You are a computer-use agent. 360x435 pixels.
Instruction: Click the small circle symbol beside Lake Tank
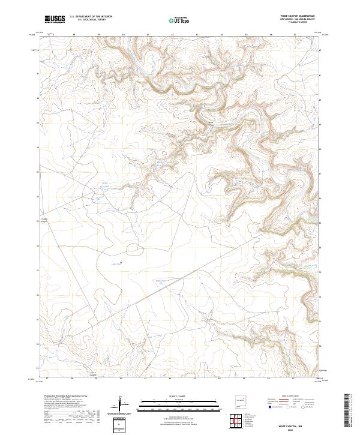[x=122, y=262]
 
